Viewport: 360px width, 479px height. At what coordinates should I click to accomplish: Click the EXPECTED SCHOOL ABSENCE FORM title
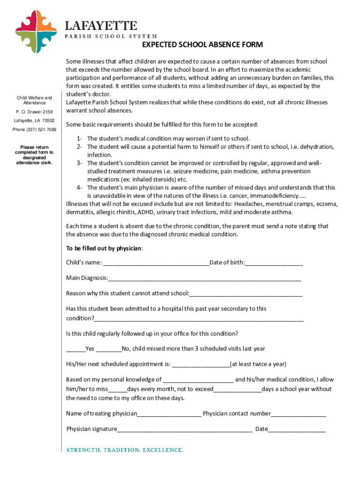[202, 45]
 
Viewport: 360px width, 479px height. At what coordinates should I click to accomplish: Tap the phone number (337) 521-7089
[34, 130]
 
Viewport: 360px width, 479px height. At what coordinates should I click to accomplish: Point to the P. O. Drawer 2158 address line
[34, 112]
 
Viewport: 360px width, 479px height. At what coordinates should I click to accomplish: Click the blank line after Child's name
[156, 263]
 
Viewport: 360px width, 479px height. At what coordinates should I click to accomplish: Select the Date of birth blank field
[274, 263]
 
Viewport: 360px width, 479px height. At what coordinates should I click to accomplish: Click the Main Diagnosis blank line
[204, 279]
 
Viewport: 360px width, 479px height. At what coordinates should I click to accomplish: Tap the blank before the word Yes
[76, 349]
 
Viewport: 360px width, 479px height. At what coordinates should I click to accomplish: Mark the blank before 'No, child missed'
[109, 349]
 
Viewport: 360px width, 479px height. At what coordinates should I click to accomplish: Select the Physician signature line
[185, 429]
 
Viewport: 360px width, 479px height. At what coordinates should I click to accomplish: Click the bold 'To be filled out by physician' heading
[104, 248]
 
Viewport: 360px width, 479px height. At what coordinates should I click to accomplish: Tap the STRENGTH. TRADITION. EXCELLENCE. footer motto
[125, 450]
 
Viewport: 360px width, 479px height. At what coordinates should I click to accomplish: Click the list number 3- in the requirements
[80, 163]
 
